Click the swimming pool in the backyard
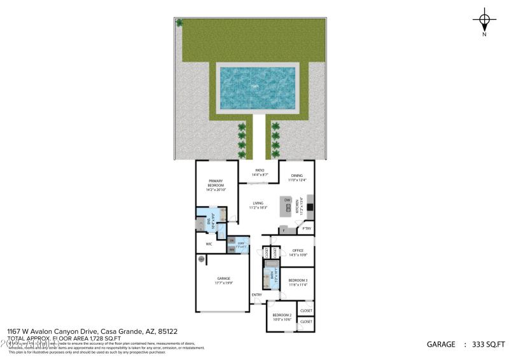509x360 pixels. click(257, 88)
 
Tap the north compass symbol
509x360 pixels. click(485, 21)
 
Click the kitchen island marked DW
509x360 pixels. click(288, 204)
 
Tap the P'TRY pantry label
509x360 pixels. click(306, 228)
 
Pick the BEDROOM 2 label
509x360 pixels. click(282, 317)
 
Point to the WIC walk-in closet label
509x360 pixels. click(209, 244)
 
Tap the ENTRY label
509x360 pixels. click(256, 294)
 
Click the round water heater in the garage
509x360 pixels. click(202, 259)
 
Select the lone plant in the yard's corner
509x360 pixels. click(179, 23)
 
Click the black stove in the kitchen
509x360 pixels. click(310, 207)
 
